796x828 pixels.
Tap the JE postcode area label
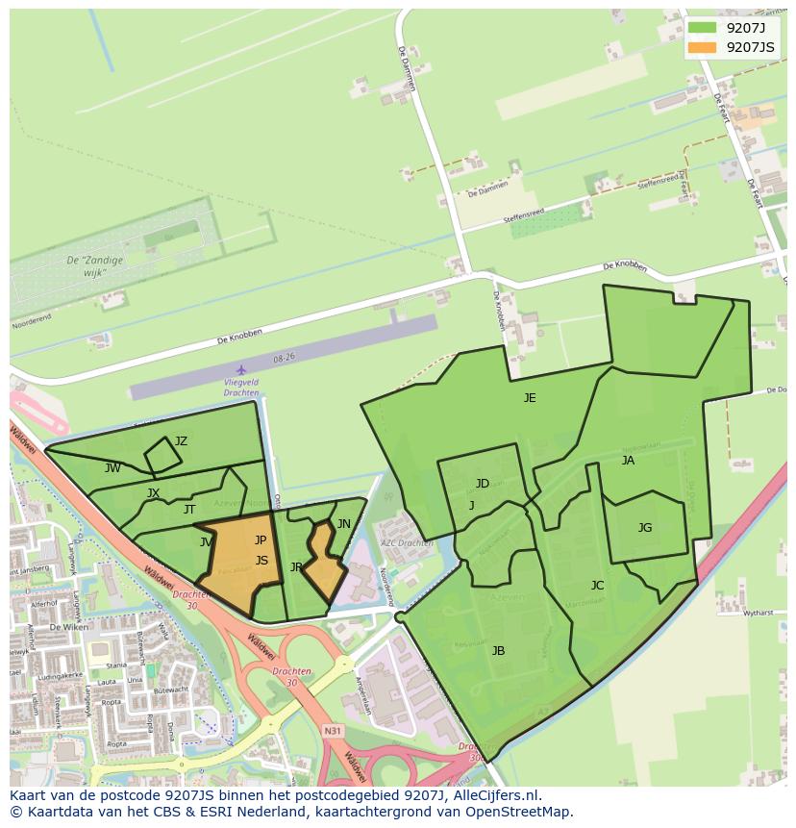pyautogui.click(x=530, y=397)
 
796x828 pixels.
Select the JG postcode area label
pyautogui.click(x=645, y=527)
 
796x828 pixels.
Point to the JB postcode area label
pyautogui.click(x=498, y=651)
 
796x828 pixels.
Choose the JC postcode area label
pyautogui.click(x=597, y=586)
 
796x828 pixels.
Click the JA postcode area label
pyautogui.click(x=628, y=461)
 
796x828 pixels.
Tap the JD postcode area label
pyautogui.click(x=483, y=484)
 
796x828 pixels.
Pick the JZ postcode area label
pyautogui.click(x=181, y=441)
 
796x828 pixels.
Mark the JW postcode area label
pyautogui.click(x=112, y=468)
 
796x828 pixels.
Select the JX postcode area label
pyautogui.click(x=154, y=493)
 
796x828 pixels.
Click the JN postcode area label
pyautogui.click(x=344, y=524)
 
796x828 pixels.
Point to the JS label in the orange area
pyautogui.click(x=261, y=561)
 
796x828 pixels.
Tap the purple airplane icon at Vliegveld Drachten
pyautogui.click(x=241, y=369)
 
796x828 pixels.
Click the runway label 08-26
pyautogui.click(x=284, y=358)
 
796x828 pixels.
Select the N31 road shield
pyautogui.click(x=332, y=731)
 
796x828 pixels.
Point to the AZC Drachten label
pyautogui.click(x=407, y=543)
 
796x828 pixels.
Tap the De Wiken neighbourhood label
pyautogui.click(x=68, y=626)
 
